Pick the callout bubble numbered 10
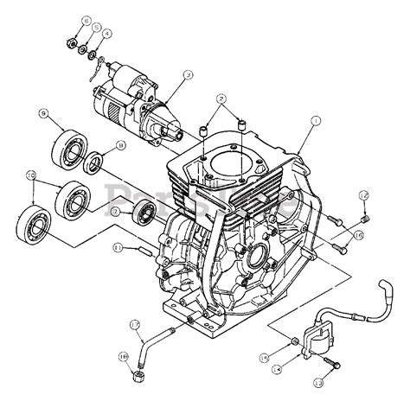point(32,175)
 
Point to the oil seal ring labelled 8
point(95,161)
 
